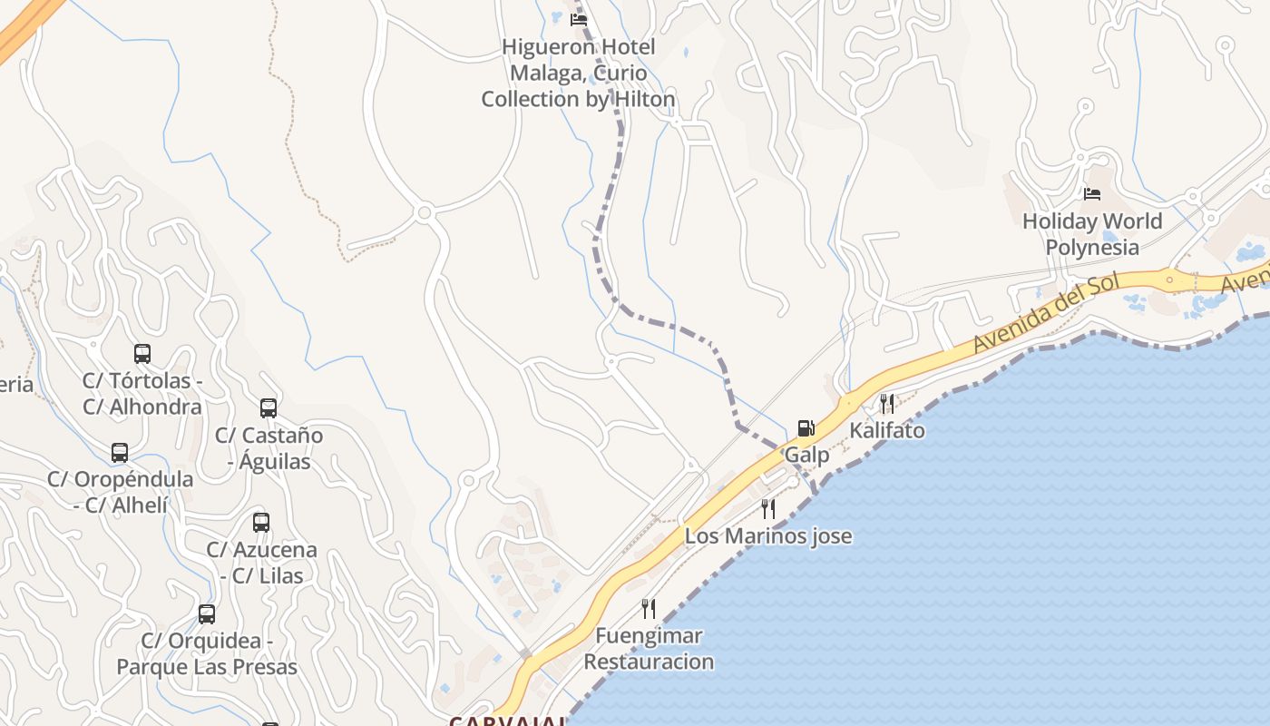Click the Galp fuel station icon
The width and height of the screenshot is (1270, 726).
[806, 428]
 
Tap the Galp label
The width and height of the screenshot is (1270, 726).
[806, 455]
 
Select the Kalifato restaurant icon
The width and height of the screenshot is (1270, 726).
[887, 403]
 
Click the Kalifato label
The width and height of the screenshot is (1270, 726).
[887, 430]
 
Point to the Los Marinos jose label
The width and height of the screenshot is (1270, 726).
[768, 535]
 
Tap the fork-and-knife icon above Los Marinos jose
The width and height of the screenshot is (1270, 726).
[768, 508]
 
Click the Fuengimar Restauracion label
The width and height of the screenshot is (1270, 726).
[649, 648]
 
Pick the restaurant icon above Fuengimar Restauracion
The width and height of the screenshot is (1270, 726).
[649, 608]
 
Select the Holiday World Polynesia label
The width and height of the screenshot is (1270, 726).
[1092, 234]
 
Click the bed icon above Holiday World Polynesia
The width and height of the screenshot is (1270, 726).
[1092, 194]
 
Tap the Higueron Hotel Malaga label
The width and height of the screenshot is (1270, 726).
[578, 73]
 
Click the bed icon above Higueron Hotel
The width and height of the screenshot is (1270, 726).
[578, 19]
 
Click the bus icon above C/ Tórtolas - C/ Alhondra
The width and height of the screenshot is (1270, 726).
[142, 354]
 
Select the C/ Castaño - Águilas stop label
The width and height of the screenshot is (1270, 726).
[269, 448]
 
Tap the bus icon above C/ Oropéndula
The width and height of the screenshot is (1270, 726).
[120, 453]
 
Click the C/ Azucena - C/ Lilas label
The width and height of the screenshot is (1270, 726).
[262, 563]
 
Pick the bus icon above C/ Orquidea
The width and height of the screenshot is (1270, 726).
[207, 614]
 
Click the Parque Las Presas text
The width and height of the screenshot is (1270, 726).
[207, 667]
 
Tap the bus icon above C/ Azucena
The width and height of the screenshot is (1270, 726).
[261, 523]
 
